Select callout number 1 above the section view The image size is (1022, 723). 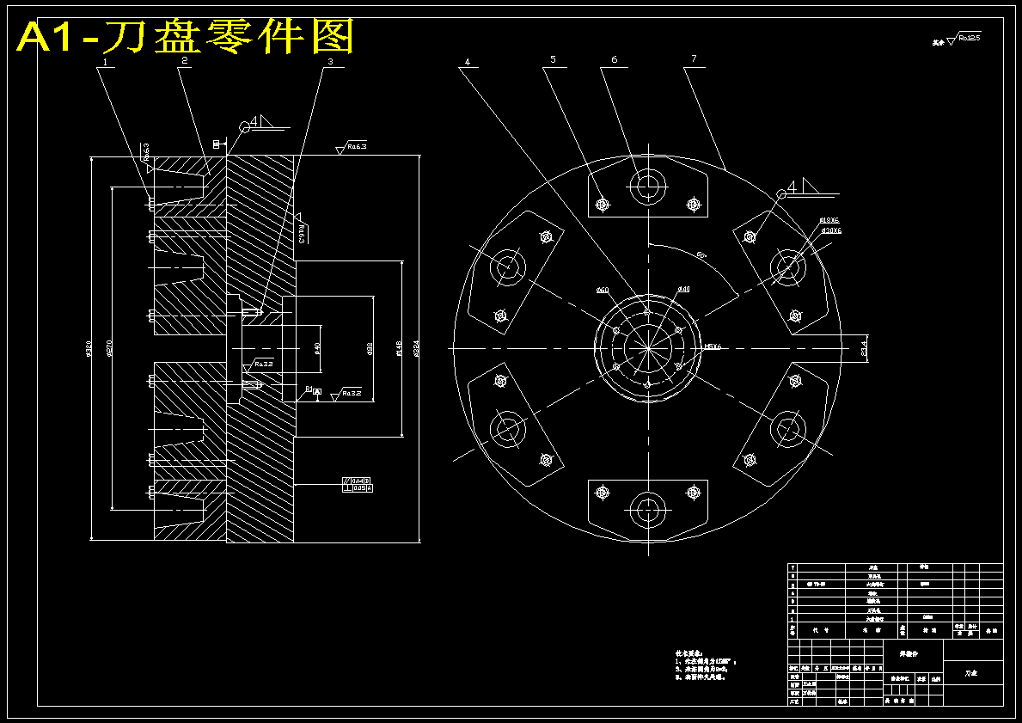click(105, 62)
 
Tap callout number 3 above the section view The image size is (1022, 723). click(329, 62)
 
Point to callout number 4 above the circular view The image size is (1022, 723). click(467, 62)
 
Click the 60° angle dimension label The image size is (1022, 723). click(701, 255)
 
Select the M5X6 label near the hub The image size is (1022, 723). click(713, 346)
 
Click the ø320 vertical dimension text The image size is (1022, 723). click(89, 349)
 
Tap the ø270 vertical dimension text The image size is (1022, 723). click(110, 349)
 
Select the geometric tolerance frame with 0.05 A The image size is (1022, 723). click(358, 488)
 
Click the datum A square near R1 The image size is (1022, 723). click(317, 392)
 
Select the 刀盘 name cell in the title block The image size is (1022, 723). click(971, 673)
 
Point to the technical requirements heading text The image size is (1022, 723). click(692, 653)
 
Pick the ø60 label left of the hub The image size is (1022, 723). click(602, 291)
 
